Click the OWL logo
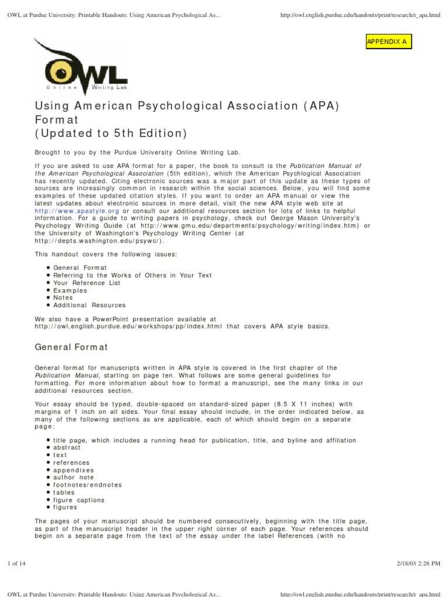[x=80, y=69]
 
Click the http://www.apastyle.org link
[x=77, y=210]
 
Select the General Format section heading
[x=72, y=347]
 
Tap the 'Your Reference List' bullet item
[x=86, y=283]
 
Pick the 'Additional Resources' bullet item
[x=89, y=305]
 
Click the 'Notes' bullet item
[x=63, y=297]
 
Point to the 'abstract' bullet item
[x=67, y=448]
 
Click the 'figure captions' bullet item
[x=79, y=500]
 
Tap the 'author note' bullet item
[x=73, y=477]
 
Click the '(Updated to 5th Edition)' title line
[x=111, y=133]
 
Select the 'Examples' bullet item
[x=70, y=290]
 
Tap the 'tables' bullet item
[x=64, y=493]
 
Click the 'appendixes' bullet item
[x=73, y=470]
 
